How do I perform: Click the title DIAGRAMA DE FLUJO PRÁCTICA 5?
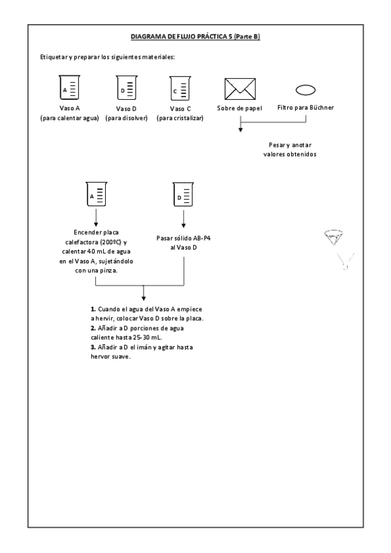181,37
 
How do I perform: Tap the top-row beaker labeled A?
69,87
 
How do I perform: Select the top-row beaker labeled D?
127,88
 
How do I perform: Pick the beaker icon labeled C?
180,89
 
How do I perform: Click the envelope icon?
240,89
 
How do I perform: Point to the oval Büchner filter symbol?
305,90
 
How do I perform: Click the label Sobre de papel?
240,108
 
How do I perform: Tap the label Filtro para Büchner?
305,108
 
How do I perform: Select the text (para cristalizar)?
180,118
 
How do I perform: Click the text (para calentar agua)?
70,118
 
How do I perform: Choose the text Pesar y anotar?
290,145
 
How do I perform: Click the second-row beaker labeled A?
97,194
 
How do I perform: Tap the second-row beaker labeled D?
183,194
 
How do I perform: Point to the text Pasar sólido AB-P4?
183,239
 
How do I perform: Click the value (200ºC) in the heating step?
111,243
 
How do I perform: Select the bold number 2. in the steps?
93,329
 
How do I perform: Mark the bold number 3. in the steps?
93,348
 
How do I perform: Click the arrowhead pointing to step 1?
143,299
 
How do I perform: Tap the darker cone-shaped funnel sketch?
334,237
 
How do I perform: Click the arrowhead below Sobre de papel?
240,130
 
